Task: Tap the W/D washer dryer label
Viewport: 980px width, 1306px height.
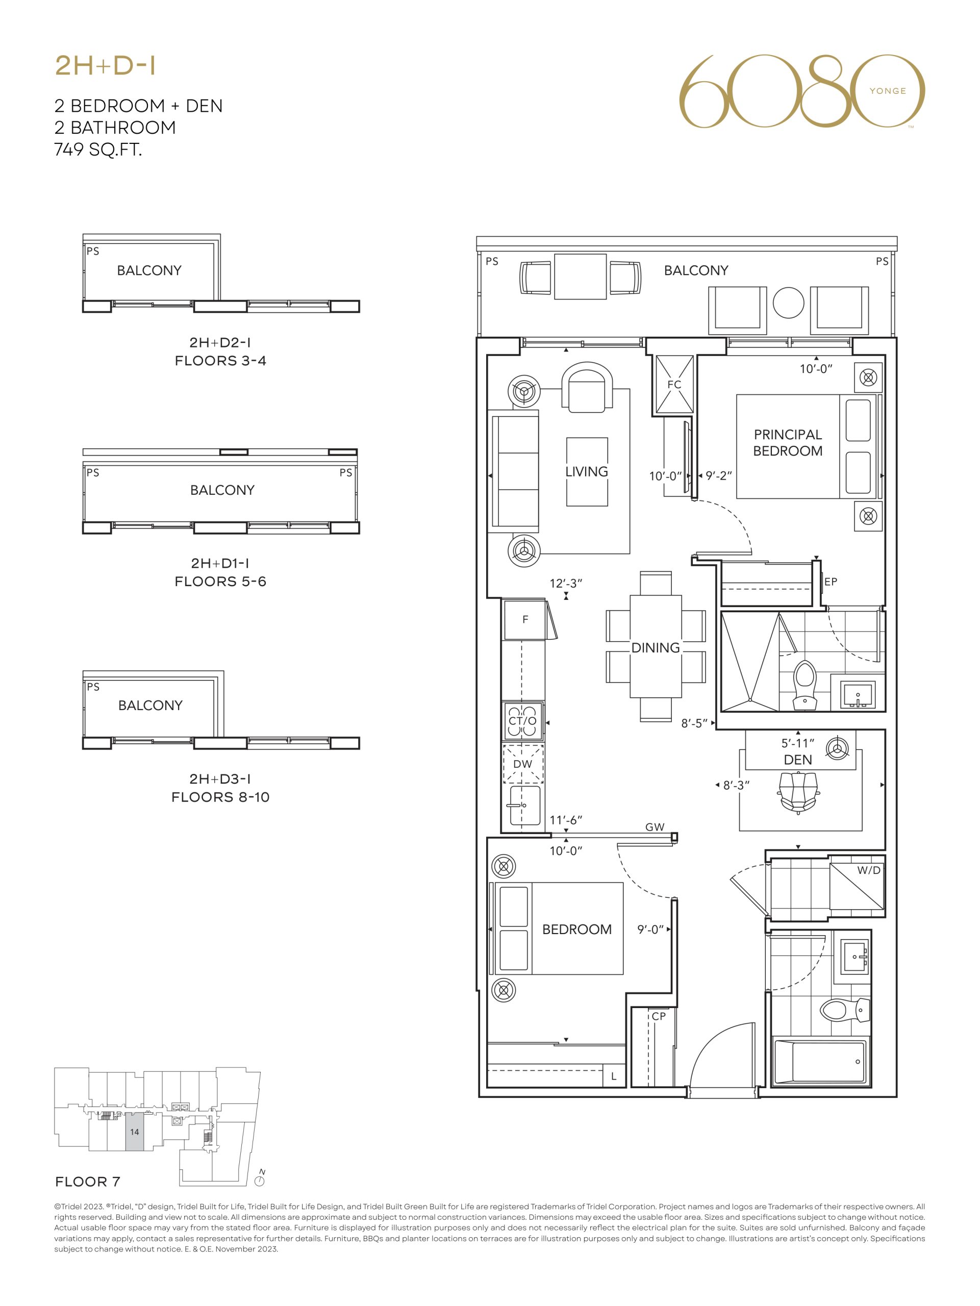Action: point(868,870)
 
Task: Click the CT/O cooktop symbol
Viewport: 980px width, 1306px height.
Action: point(523,721)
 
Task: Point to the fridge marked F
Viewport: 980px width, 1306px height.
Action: point(524,619)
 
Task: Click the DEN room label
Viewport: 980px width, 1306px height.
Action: point(797,760)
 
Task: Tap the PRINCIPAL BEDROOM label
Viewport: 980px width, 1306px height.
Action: point(788,443)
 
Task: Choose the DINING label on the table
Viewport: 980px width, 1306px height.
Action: point(656,648)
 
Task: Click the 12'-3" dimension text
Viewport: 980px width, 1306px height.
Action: point(566,583)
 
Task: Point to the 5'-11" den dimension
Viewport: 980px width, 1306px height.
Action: point(797,743)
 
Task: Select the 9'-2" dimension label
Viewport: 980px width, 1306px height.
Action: point(718,475)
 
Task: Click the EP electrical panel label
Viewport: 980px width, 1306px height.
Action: point(831,582)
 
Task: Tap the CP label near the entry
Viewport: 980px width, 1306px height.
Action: point(658,1016)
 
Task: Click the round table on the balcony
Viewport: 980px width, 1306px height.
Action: point(788,303)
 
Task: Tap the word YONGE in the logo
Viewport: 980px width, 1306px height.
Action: point(887,91)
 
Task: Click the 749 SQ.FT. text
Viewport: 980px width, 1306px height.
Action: point(98,149)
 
